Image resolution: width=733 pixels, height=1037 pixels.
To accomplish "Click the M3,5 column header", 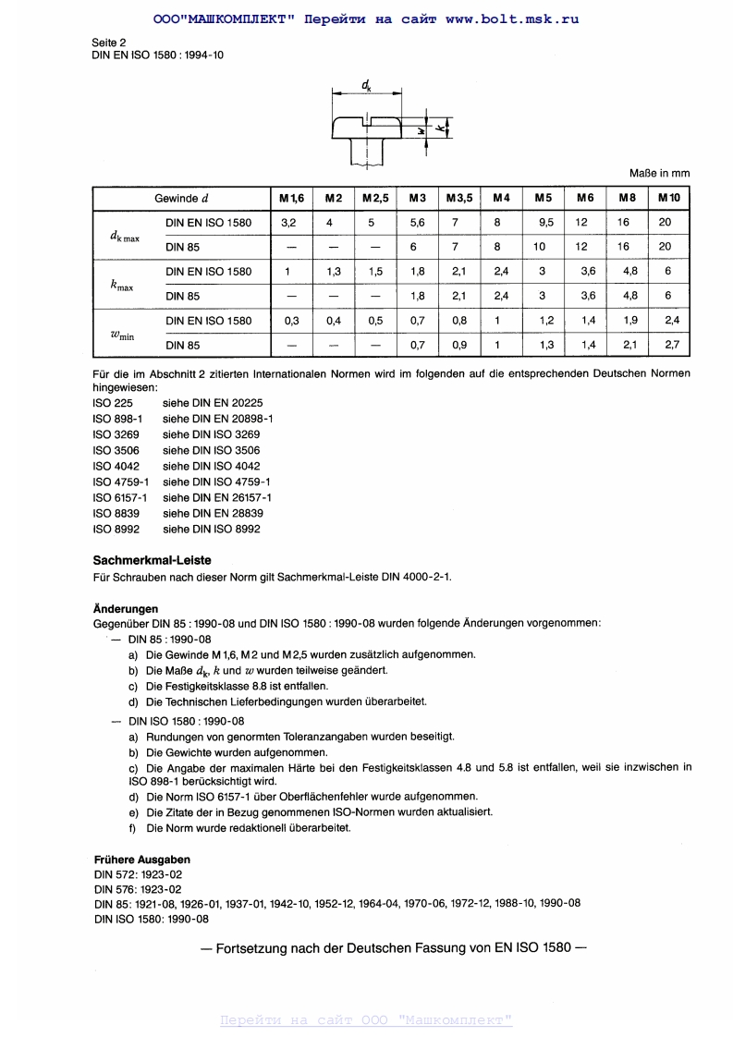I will tap(459, 199).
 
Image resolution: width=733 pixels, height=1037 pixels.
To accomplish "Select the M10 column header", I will tap(669, 199).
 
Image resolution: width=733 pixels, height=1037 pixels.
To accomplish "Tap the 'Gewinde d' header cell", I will tap(181, 199).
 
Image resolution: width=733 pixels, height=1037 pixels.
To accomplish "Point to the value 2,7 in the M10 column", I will tap(669, 345).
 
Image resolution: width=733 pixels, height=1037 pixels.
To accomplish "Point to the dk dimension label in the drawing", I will tap(367, 86).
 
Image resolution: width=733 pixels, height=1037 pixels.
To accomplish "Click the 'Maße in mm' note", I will tap(659, 173).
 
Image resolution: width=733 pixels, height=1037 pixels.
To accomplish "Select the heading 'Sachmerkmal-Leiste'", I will tap(152, 560).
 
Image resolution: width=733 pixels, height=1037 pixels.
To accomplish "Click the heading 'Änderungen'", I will tap(126, 609).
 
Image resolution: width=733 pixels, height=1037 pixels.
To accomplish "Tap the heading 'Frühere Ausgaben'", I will tap(142, 860).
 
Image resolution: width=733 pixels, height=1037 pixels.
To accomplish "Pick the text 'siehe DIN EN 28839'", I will tap(213, 513).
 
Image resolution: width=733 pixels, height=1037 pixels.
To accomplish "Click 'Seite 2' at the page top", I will tap(109, 43).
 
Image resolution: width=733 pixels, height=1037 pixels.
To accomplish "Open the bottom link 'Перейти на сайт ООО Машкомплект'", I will tap(366, 1020).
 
